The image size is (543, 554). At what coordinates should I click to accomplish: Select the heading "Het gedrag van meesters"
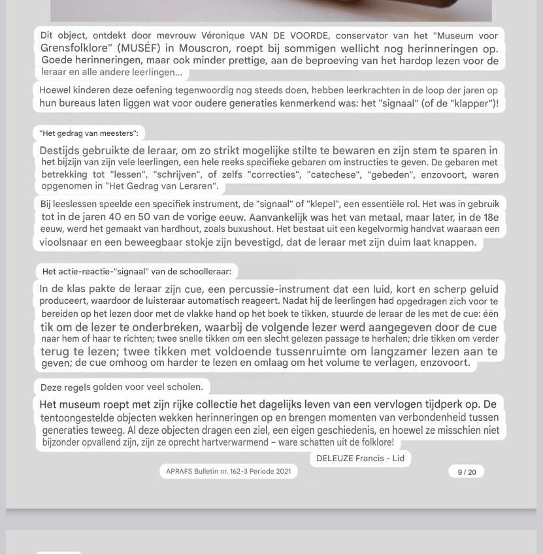coord(89,133)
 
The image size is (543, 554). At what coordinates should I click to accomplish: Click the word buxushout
coord(246,229)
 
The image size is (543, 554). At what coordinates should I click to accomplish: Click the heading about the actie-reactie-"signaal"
coord(137,272)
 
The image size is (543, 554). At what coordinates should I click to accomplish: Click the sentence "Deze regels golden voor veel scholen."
coord(122,387)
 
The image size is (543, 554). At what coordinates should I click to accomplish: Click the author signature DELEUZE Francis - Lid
coord(360,459)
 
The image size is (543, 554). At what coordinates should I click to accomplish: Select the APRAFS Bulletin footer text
coord(229,471)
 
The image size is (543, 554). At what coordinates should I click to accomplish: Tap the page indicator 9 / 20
coord(467,472)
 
